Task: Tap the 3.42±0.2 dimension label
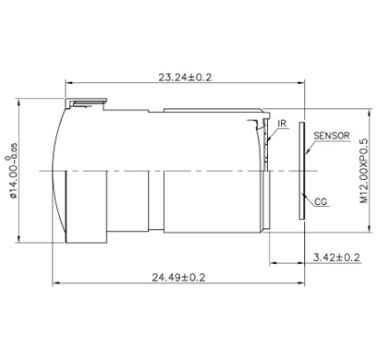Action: click(x=335, y=257)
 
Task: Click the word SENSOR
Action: click(x=331, y=135)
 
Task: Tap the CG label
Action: click(x=322, y=200)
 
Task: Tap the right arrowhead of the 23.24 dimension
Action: click(x=304, y=86)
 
